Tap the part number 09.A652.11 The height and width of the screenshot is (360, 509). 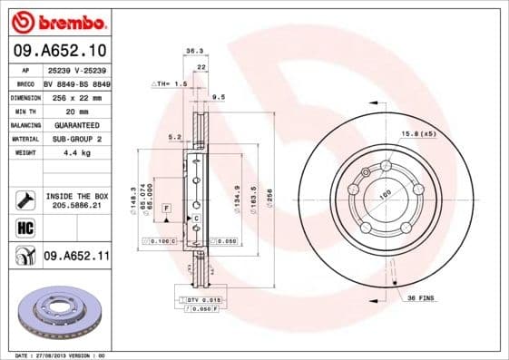click(76, 257)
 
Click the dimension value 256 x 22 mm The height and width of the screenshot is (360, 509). click(74, 96)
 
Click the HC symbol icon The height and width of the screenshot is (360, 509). click(24, 227)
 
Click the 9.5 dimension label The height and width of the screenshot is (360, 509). click(218, 96)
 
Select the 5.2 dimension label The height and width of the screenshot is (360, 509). click(174, 138)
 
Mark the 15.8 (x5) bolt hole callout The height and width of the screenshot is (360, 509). click(419, 134)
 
